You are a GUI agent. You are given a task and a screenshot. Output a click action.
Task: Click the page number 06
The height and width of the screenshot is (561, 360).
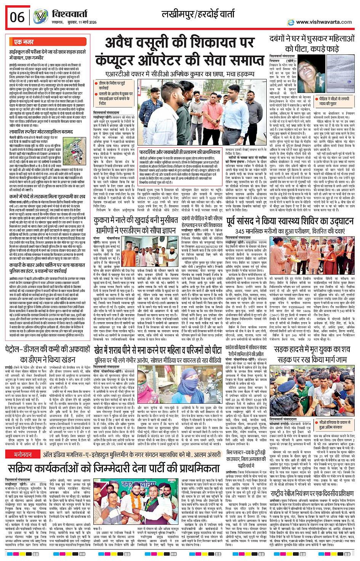click(17, 18)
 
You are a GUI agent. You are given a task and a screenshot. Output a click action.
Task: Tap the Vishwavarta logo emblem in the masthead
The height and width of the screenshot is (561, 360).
click(40, 17)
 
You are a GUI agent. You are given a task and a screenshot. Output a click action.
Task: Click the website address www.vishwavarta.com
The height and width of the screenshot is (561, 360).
click(324, 22)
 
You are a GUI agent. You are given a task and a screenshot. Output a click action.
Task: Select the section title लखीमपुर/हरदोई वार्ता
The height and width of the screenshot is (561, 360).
click(198, 15)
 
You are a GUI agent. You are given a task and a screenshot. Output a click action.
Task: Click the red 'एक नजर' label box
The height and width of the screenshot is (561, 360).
click(24, 42)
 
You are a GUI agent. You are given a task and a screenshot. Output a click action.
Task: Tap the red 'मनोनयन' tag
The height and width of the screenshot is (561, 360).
click(23, 455)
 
